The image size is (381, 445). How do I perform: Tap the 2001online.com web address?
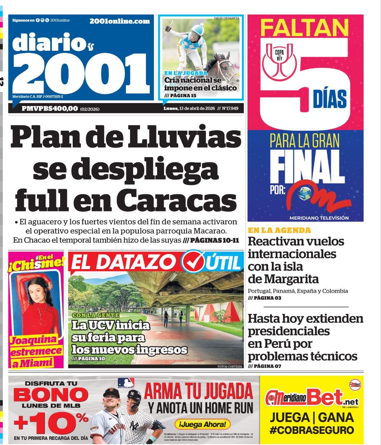[120, 21]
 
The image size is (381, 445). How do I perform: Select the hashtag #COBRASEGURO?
[311, 430]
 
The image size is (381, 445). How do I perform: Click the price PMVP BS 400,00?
[50, 108]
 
